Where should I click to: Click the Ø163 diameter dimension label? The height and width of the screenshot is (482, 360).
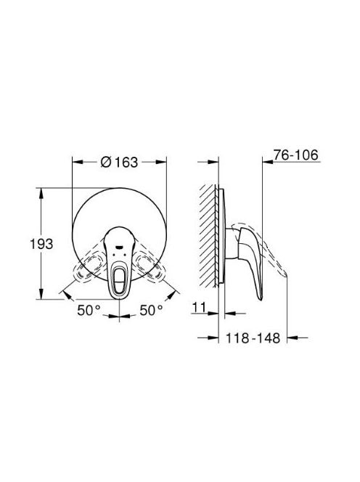(x=119, y=163)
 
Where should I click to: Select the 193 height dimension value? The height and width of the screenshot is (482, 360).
(x=41, y=244)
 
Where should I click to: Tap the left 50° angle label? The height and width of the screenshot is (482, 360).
(x=89, y=310)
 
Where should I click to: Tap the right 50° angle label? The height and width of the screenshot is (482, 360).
(x=151, y=310)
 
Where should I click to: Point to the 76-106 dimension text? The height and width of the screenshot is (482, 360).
(x=296, y=155)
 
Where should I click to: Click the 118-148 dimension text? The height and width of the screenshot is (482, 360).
(x=253, y=338)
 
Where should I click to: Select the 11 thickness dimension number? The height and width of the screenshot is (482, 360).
(x=199, y=307)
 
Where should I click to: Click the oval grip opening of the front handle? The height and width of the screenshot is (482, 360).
(x=118, y=276)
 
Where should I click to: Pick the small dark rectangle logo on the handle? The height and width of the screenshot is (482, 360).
(x=118, y=246)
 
